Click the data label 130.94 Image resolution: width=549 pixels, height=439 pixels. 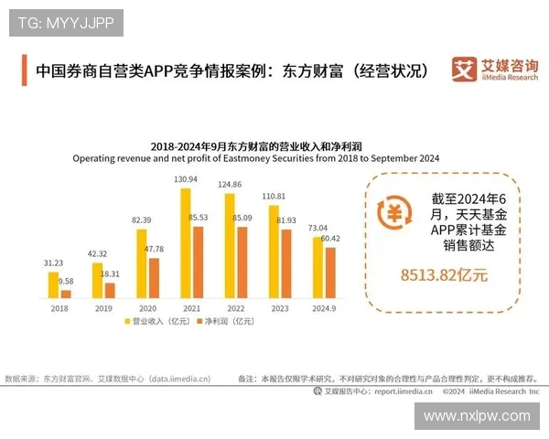coord(186,179)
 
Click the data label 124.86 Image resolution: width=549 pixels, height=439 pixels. coord(230,185)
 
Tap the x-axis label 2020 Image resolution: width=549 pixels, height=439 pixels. coord(147,308)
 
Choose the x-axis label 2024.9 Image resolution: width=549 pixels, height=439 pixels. coord(324,308)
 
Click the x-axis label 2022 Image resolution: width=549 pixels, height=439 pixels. coord(235,308)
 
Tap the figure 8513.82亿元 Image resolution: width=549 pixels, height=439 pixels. coord(444,273)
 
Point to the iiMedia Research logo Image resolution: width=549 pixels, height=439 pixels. coord(495,70)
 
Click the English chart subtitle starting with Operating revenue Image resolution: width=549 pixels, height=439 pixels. coord(256,158)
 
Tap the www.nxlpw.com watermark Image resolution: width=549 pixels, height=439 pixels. coord(476,415)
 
